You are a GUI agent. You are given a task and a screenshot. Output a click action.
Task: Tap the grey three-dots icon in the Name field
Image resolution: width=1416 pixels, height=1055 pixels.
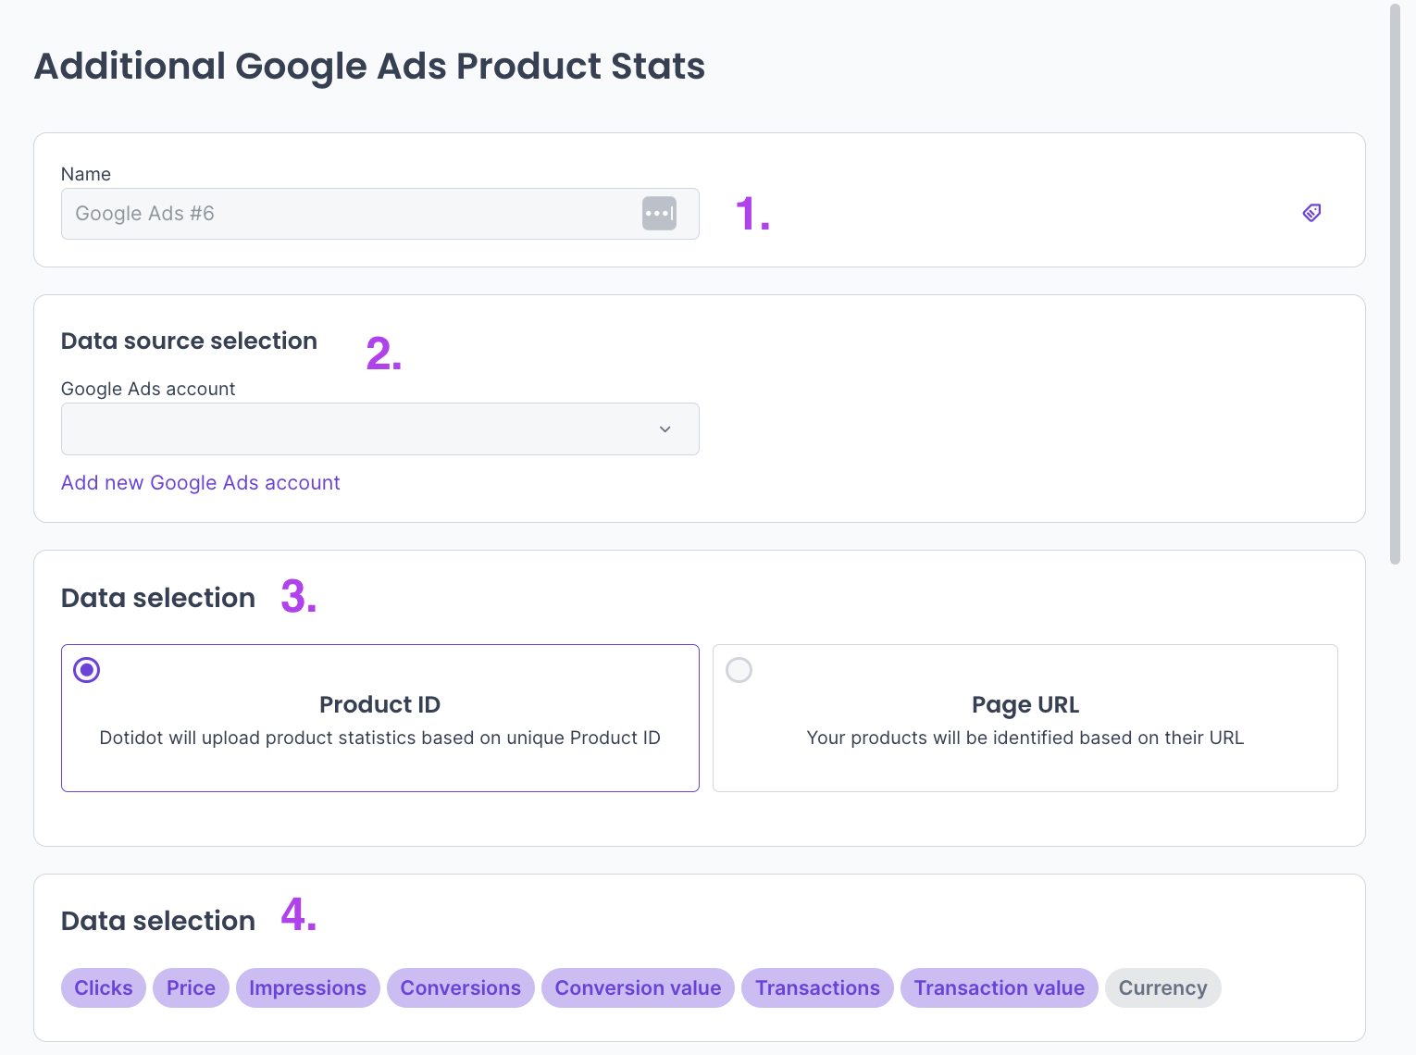(659, 214)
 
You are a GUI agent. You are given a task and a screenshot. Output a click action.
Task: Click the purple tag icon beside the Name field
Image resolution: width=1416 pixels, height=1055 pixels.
(1311, 213)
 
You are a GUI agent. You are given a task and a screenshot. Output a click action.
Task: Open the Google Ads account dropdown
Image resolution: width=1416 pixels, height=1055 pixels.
(379, 429)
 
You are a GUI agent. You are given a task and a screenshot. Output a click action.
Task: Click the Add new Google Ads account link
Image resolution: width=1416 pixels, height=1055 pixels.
(200, 483)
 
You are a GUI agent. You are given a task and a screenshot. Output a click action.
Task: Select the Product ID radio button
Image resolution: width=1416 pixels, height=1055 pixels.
(87, 670)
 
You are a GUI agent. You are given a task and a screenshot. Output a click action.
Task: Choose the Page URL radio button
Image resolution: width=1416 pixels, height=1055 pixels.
(739, 670)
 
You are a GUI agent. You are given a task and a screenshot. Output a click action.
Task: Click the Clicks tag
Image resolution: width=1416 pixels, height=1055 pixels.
(104, 988)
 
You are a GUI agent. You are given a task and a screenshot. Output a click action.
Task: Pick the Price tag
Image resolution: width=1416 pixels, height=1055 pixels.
(191, 988)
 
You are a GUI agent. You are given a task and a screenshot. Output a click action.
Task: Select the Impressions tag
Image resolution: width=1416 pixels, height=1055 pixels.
(307, 988)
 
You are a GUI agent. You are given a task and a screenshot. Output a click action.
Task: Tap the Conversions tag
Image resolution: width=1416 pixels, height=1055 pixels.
(460, 988)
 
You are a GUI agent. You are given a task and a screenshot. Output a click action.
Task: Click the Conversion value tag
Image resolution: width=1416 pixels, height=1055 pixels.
(638, 988)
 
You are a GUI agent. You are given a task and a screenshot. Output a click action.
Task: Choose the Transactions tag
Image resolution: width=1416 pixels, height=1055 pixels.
(817, 988)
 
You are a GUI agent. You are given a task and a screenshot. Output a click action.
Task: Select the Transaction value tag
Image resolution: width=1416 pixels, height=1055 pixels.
(999, 988)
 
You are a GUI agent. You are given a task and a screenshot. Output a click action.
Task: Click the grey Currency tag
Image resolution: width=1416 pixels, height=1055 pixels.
(1162, 988)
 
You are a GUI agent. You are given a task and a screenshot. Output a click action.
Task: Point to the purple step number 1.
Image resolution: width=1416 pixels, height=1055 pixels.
(751, 214)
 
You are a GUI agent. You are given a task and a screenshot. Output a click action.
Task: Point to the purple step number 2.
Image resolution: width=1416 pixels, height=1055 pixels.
(383, 354)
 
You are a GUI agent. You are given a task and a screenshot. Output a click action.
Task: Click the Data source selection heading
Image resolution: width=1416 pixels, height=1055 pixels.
(189, 341)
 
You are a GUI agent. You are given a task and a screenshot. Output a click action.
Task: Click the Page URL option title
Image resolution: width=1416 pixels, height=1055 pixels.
(1025, 705)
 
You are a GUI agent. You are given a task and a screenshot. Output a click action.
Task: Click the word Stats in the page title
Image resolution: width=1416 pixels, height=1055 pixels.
(658, 67)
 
